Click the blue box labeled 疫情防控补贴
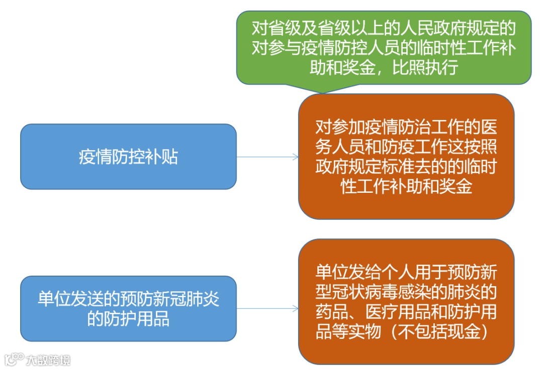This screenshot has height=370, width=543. pyautogui.click(x=128, y=157)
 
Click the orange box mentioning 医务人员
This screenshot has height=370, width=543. pyautogui.click(x=406, y=157)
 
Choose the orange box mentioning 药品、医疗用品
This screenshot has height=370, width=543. pyautogui.click(x=406, y=301)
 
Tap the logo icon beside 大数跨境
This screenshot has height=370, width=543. pyautogui.click(x=14, y=359)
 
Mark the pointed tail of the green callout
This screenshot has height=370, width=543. pyautogui.click(x=322, y=90)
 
